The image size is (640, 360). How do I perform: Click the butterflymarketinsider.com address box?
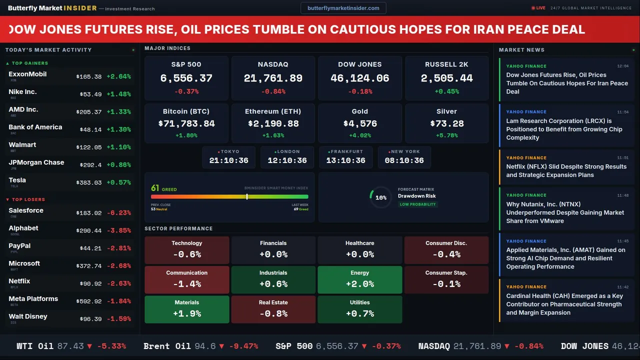click(x=343, y=8)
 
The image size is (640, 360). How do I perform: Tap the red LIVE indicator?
click(x=538, y=8)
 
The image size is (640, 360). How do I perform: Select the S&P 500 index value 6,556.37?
click(x=186, y=78)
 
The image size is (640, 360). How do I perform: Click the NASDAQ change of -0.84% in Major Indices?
click(x=273, y=91)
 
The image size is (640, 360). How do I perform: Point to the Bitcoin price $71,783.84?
click(x=186, y=123)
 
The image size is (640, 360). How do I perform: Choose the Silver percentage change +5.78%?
click(x=446, y=135)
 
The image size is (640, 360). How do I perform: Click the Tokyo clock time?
click(x=228, y=160)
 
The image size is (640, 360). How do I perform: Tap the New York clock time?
click(x=404, y=160)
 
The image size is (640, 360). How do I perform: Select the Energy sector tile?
click(x=360, y=279)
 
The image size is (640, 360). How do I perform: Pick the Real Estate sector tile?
click(x=273, y=309)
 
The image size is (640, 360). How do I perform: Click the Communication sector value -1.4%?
click(x=186, y=284)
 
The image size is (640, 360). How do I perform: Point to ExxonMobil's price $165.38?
click(x=89, y=77)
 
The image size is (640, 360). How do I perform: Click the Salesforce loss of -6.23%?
click(x=118, y=213)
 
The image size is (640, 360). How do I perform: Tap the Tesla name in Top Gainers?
click(x=17, y=180)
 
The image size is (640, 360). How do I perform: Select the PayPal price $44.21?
click(x=90, y=248)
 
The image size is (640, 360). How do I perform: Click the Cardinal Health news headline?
click(x=564, y=304)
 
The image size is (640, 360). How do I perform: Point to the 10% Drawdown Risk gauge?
click(x=380, y=197)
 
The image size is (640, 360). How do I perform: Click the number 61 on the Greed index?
click(x=155, y=188)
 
